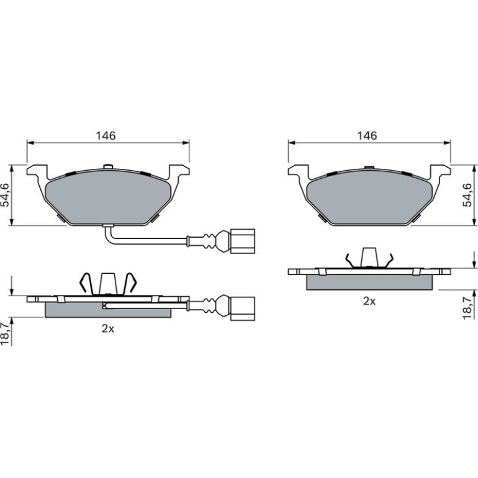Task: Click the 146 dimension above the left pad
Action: (106, 136)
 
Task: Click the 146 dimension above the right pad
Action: (367, 136)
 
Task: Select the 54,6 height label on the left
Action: (5, 195)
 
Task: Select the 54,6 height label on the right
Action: (467, 195)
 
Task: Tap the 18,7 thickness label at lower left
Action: (5, 333)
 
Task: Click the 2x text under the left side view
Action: (107, 328)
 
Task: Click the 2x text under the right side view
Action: (369, 301)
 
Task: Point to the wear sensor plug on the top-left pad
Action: (243, 241)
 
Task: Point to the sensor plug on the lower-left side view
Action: (243, 309)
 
